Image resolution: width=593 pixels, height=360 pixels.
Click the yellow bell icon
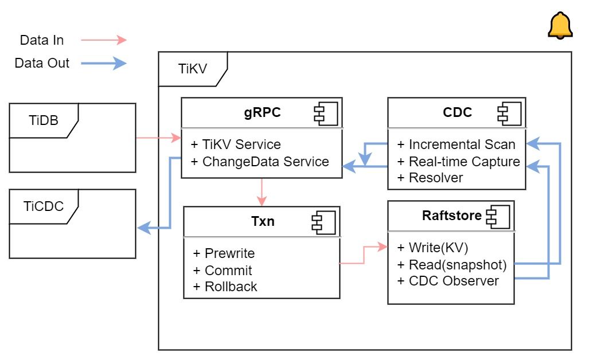[x=560, y=26]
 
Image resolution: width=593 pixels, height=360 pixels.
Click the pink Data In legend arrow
[x=103, y=40]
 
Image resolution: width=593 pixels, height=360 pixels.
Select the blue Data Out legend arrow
[x=103, y=63]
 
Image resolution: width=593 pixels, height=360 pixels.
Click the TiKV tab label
[x=192, y=69]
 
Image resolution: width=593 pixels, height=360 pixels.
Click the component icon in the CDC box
[x=509, y=113]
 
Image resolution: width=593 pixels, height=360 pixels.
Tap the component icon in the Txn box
[x=323, y=222]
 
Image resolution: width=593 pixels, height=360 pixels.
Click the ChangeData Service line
[x=266, y=162]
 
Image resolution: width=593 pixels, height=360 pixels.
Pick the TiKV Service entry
[x=236, y=144]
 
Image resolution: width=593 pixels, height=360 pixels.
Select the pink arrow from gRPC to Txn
[x=262, y=192]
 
